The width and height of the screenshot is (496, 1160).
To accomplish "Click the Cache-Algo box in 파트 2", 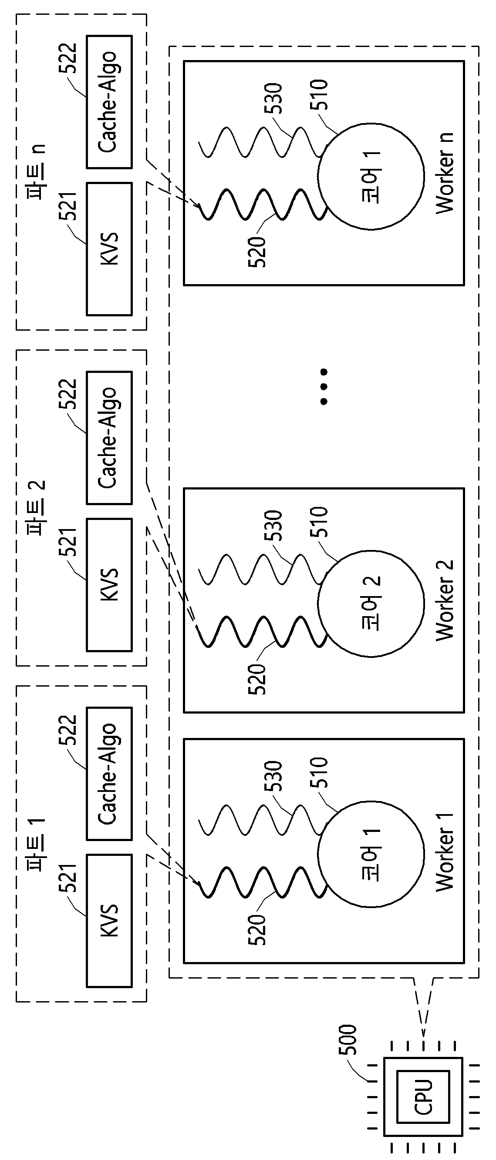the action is click(x=109, y=438).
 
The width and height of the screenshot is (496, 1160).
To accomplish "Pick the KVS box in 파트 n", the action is click(x=109, y=248).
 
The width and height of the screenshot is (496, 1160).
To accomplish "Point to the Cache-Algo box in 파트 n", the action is click(x=109, y=102).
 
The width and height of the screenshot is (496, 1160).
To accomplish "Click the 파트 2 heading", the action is click(x=37, y=507).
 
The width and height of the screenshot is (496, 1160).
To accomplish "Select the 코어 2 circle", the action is click(x=371, y=603).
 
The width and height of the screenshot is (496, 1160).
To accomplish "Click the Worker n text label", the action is click(x=445, y=173).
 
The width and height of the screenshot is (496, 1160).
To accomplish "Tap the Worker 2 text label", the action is click(x=445, y=601).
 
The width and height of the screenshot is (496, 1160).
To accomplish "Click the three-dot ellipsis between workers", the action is click(x=323, y=386).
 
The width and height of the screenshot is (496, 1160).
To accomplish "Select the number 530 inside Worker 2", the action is click(x=273, y=525).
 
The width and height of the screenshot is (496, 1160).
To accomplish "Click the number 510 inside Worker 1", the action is click(x=318, y=772).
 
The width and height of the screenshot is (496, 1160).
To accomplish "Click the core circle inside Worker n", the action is click(x=371, y=176).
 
